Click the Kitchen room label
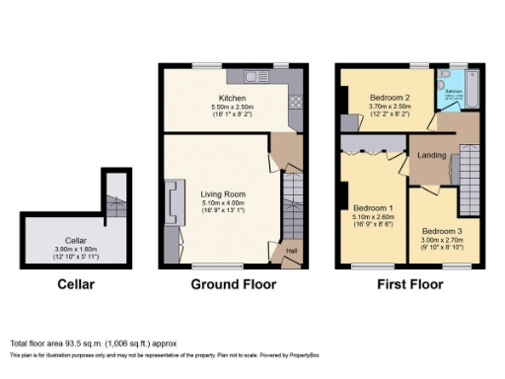[232, 99]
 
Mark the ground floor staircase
[292, 202]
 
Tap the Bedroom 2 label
[390, 99]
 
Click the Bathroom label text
[453, 91]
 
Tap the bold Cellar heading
[76, 284]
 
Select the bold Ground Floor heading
[233, 284]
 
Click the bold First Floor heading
[409, 284]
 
